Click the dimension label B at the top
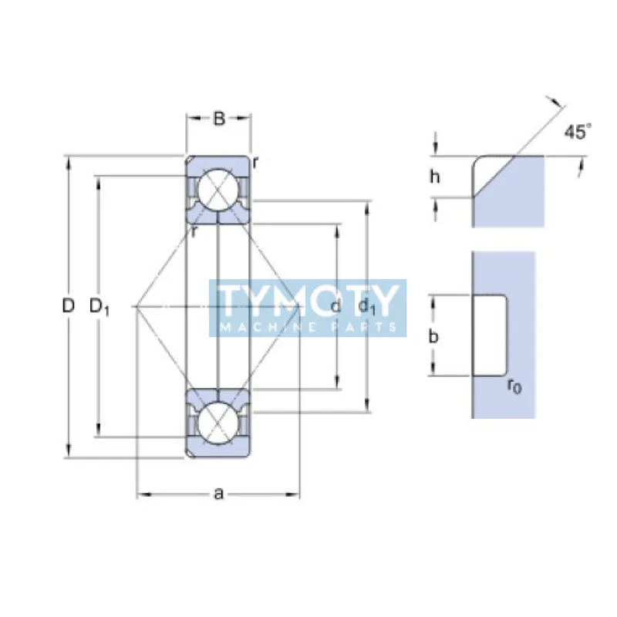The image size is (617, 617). point(219,119)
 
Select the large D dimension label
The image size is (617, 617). point(69,306)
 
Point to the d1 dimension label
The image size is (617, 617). point(367,307)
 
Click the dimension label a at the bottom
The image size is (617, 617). point(218,494)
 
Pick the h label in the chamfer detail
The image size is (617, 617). point(435,177)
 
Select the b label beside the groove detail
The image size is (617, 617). point(434,336)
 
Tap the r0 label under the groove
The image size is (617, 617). point(514,386)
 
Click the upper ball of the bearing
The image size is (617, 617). point(217,189)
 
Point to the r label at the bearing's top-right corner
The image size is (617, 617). point(255,161)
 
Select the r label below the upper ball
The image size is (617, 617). point(195,231)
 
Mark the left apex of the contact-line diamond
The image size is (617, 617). point(136,307)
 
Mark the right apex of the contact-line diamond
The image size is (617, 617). point(300,307)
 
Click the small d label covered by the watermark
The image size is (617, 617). point(335,307)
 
